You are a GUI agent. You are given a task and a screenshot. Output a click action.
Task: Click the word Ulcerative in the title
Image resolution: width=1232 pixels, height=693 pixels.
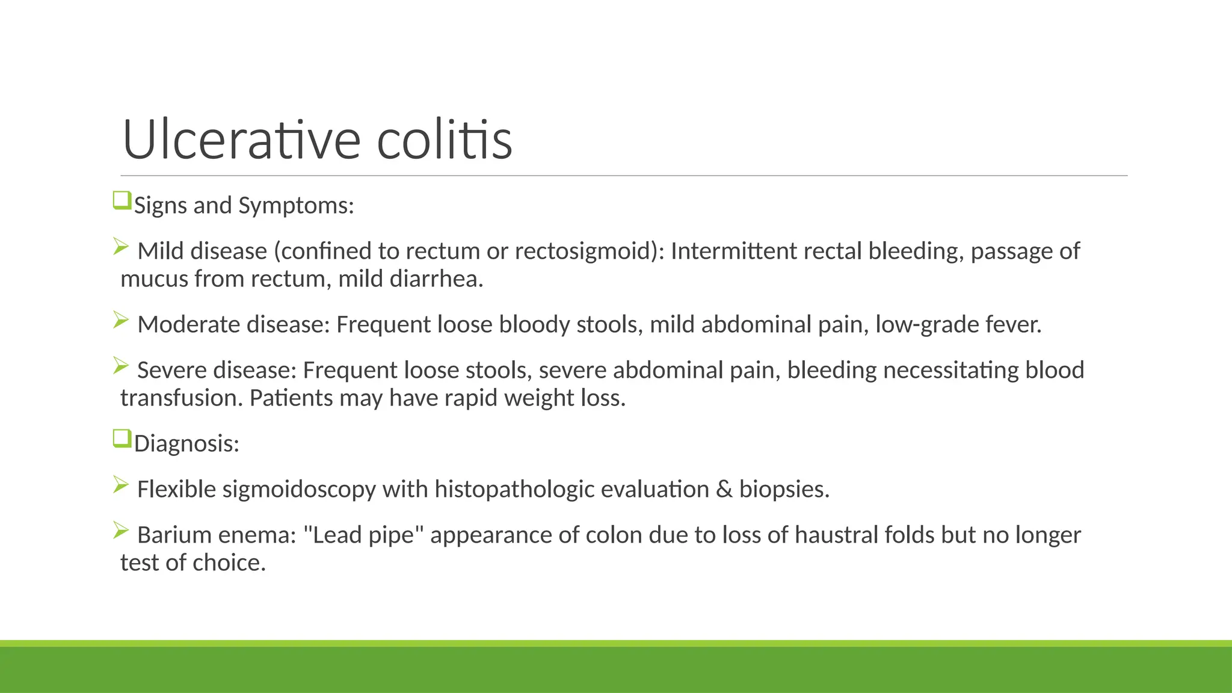click(x=241, y=140)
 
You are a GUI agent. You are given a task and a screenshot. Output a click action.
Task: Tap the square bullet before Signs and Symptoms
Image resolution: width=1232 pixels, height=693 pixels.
click(x=122, y=200)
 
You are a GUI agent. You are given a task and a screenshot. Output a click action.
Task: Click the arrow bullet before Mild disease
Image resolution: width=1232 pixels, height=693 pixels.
click(x=121, y=247)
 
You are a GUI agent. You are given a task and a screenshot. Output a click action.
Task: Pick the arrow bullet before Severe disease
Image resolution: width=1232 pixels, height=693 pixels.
click(x=121, y=365)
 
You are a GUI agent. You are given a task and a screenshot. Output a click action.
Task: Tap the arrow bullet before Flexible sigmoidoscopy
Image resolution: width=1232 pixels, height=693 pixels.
click(x=121, y=484)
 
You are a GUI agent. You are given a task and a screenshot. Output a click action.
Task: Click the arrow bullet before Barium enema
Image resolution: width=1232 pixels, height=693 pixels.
click(x=121, y=530)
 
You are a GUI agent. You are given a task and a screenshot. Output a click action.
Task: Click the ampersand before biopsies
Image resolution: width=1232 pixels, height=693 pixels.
click(x=724, y=490)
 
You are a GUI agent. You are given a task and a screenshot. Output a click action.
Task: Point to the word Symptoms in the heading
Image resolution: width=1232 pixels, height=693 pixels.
click(x=296, y=206)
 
